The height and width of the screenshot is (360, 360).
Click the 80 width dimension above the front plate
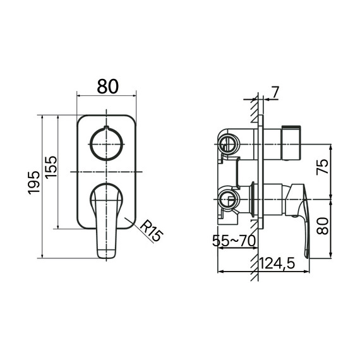[107, 87]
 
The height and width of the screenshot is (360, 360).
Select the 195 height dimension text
[33, 183]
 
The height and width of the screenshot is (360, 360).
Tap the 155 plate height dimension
[51, 167]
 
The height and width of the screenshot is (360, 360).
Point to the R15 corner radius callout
[152, 231]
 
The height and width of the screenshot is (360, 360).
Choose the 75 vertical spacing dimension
[322, 167]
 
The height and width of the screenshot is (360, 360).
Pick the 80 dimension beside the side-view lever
[322, 226]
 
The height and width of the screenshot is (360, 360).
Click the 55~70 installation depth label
[234, 241]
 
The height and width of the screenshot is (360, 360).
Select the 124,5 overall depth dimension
[277, 263]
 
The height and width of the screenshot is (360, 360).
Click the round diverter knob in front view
[106, 144]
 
